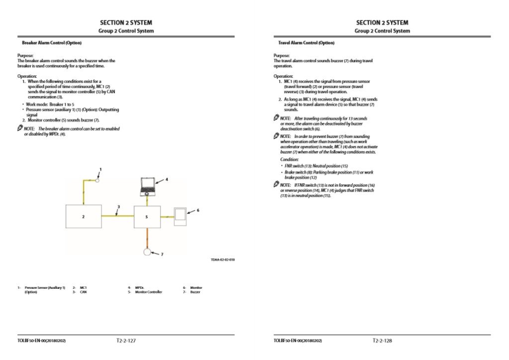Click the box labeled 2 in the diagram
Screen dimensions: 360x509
pos(84,216)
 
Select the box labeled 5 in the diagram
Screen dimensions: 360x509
pos(147,216)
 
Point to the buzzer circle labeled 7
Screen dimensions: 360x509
pos(147,251)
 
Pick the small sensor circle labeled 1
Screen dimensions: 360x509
pos(98,180)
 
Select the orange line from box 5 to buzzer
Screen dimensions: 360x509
pos(147,237)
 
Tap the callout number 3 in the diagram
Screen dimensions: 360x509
pos(118,207)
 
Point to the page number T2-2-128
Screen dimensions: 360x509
pos(382,341)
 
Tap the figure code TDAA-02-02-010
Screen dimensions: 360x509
pos(222,259)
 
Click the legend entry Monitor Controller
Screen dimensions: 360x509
pos(148,292)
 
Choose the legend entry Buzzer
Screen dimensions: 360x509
pos(195,292)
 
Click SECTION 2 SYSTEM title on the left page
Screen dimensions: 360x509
pos(126,22)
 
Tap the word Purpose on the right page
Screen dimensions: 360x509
pos(281,55)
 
